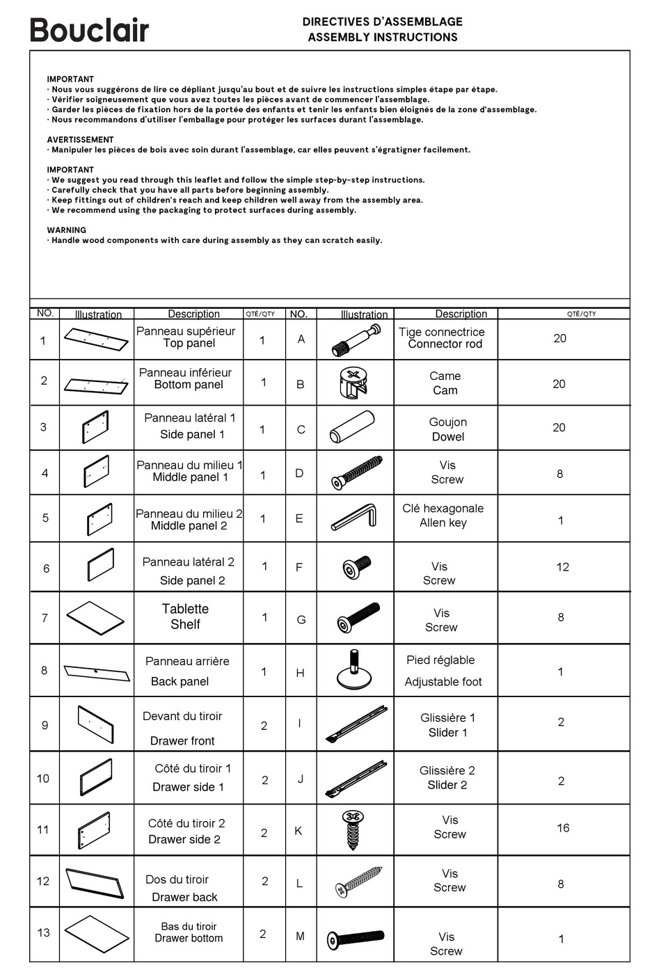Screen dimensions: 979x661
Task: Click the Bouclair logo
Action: (x=89, y=30)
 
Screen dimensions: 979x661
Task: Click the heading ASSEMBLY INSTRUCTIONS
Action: (x=383, y=38)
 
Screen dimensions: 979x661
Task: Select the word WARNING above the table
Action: (x=67, y=230)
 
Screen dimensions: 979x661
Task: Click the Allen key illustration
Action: (x=353, y=518)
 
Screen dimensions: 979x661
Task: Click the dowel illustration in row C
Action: (x=352, y=427)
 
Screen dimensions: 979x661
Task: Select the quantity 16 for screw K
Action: (x=563, y=828)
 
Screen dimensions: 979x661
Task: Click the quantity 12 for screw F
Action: (x=562, y=567)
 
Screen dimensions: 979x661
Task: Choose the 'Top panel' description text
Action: (x=189, y=343)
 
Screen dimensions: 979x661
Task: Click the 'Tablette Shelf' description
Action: (x=185, y=616)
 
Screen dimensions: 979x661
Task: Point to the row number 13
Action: (x=44, y=932)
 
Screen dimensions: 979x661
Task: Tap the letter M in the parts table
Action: (x=300, y=937)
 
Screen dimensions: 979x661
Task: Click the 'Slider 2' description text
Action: (x=447, y=785)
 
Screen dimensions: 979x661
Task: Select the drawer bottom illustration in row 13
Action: (x=97, y=934)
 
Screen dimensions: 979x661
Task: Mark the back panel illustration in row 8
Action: (x=97, y=673)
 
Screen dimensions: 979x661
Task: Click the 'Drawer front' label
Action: (x=182, y=741)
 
